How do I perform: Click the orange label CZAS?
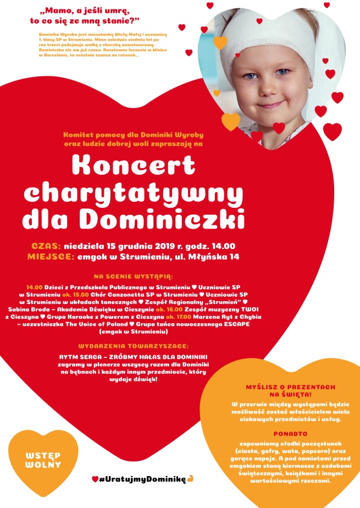click(47, 246)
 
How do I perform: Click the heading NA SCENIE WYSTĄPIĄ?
click(134, 276)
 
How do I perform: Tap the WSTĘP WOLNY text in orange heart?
click(43, 461)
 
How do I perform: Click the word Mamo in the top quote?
click(59, 10)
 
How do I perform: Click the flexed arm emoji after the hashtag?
click(190, 479)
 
